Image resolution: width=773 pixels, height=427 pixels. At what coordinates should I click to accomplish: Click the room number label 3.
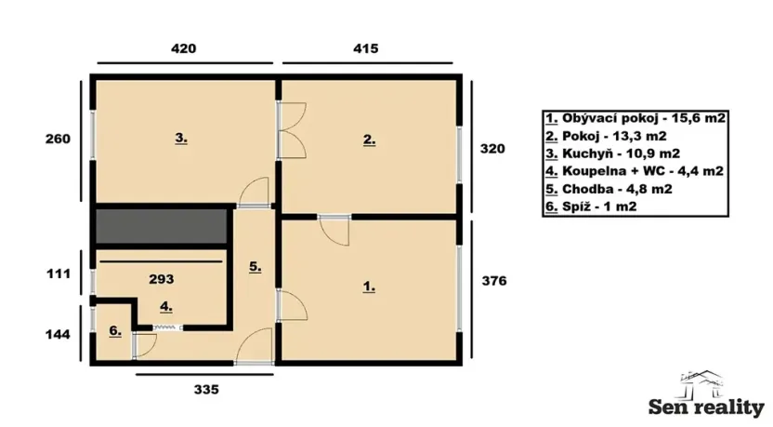coord(181,140)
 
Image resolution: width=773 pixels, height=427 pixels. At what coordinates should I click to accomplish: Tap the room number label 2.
coord(369,141)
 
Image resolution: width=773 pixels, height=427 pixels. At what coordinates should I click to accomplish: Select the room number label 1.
coord(369,287)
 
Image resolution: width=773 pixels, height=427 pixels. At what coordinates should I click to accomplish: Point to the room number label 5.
coord(255,267)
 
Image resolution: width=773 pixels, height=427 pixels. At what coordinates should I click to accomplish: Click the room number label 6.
coord(114,331)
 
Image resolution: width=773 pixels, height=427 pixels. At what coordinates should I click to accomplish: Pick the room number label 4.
coord(164,305)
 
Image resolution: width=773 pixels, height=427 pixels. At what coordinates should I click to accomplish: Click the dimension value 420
coord(183,47)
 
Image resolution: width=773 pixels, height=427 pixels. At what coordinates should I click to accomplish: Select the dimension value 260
coord(58,140)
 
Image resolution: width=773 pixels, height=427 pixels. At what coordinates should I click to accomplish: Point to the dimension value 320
coord(492,147)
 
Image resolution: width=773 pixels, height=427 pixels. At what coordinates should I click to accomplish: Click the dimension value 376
coord(492,281)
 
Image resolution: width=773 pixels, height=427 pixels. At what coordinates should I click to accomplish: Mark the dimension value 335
coord(205,391)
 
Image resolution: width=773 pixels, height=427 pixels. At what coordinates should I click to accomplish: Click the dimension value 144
coord(58,333)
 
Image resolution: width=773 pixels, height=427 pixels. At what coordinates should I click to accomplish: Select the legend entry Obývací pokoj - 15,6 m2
coord(635,119)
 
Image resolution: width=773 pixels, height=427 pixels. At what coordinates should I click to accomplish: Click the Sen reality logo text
coord(706,407)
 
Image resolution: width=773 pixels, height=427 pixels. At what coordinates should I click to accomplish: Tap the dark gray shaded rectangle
coord(161,226)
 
